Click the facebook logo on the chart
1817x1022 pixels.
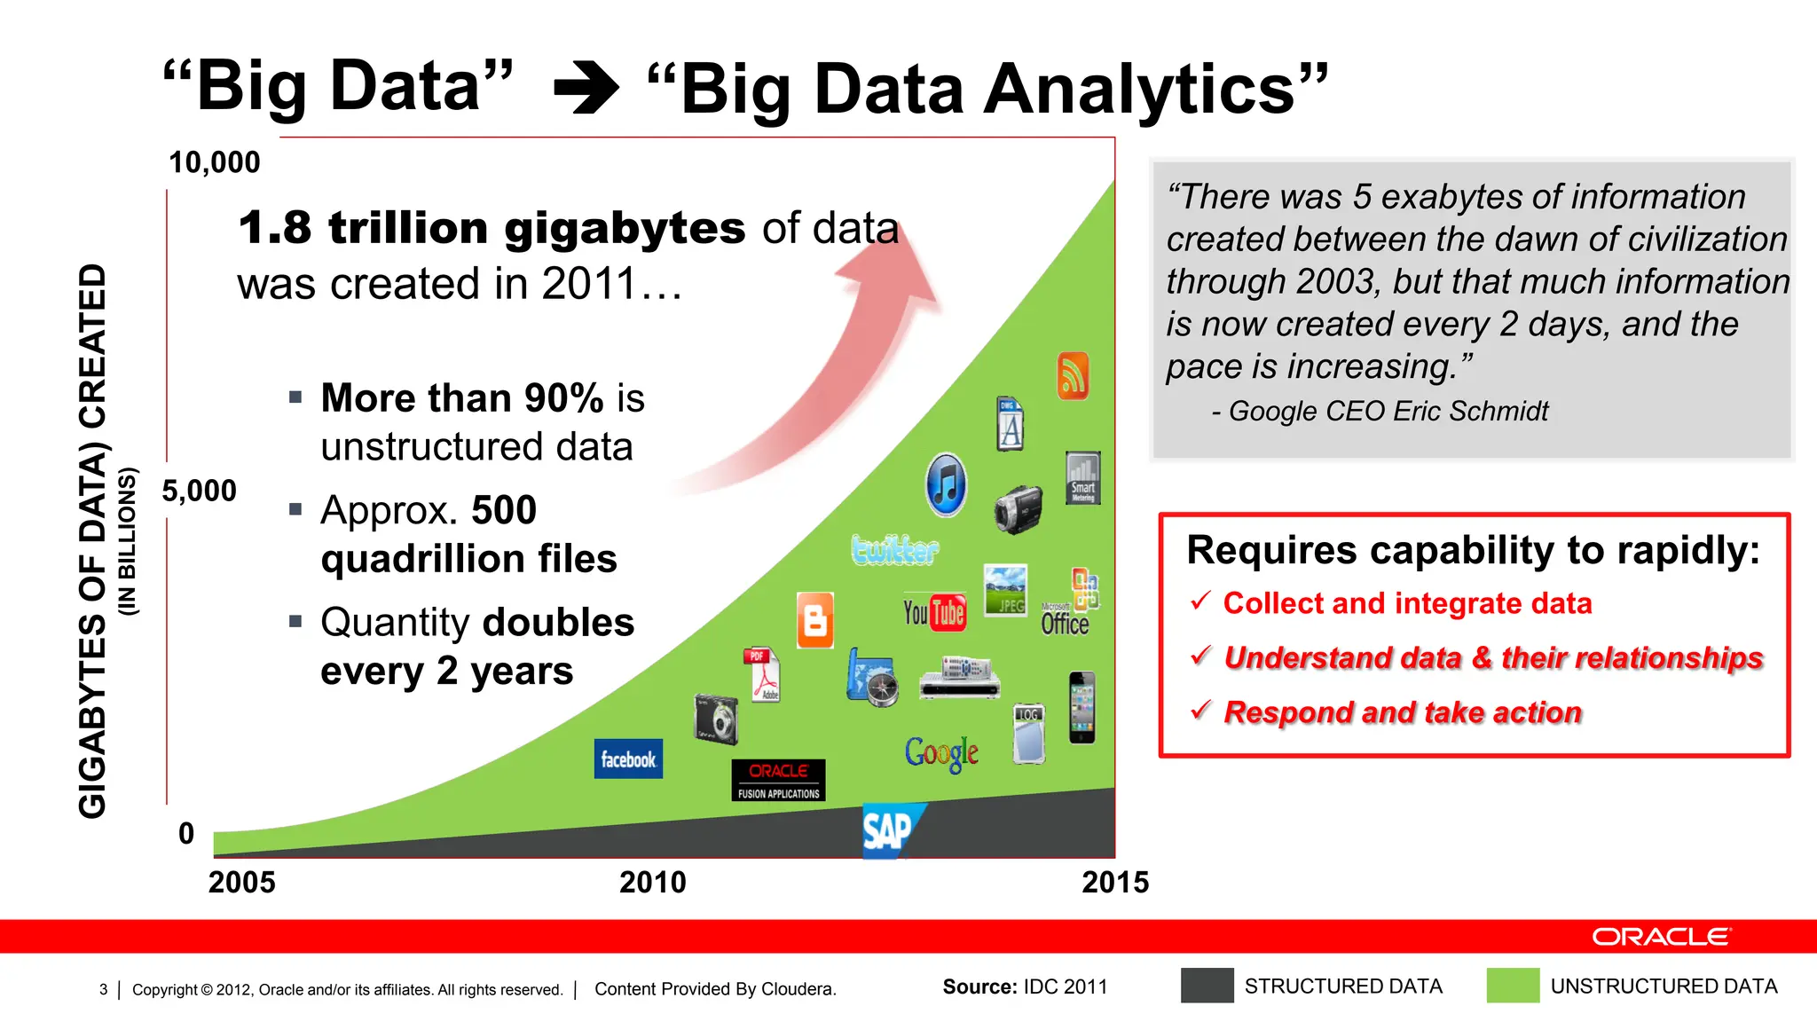pyautogui.click(x=628, y=759)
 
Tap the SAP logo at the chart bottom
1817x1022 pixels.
pyautogui.click(x=890, y=830)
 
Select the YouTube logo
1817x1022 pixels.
pyautogui.click(x=934, y=612)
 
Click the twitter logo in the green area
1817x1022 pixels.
pyautogui.click(x=894, y=550)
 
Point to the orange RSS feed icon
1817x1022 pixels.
pyautogui.click(x=1073, y=376)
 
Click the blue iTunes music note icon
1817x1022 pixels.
pyautogui.click(x=946, y=485)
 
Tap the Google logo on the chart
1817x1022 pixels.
pyautogui.click(x=941, y=753)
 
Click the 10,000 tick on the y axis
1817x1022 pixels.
pyautogui.click(x=215, y=162)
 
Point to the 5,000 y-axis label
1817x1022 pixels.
pyautogui.click(x=200, y=491)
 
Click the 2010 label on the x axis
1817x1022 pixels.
pyautogui.click(x=653, y=882)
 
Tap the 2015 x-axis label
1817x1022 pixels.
pyautogui.click(x=1115, y=882)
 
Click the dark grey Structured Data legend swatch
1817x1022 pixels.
pyautogui.click(x=1207, y=986)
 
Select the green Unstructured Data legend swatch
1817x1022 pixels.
pyautogui.click(x=1513, y=986)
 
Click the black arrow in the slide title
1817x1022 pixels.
pyautogui.click(x=586, y=89)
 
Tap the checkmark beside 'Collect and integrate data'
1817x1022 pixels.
pyautogui.click(x=1200, y=601)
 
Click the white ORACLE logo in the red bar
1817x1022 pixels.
pyautogui.click(x=1661, y=937)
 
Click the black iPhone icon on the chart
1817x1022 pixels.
pyautogui.click(x=1082, y=707)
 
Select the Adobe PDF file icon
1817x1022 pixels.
pyautogui.click(x=763, y=674)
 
